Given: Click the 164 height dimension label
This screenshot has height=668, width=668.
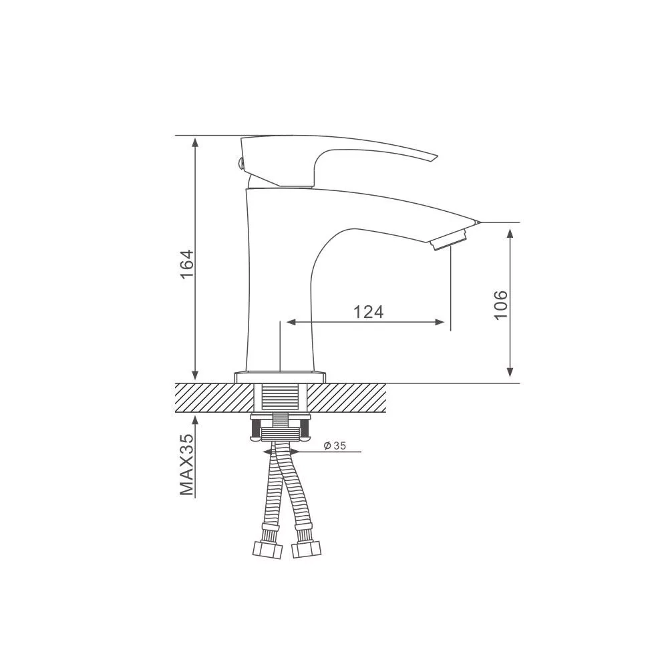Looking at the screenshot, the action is pyautogui.click(x=188, y=264).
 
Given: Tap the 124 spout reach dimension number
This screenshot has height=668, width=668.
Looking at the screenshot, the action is pyautogui.click(x=369, y=312).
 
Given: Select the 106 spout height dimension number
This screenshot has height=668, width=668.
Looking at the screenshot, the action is pyautogui.click(x=501, y=305).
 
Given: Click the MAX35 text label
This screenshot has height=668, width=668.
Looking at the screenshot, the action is pyautogui.click(x=187, y=465).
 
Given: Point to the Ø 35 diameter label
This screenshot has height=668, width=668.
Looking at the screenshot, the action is pyautogui.click(x=335, y=446).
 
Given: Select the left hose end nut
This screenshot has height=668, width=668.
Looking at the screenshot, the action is pyautogui.click(x=268, y=550).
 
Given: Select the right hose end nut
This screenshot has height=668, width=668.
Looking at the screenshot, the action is pyautogui.click(x=307, y=550).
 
